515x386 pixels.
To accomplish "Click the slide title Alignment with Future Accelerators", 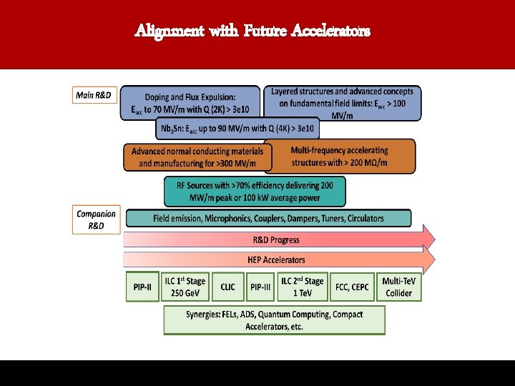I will tap(253, 31).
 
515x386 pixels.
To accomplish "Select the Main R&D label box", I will tap(94, 96).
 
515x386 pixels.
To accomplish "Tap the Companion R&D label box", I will tap(97, 219).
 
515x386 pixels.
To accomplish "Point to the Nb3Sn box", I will tap(237, 129).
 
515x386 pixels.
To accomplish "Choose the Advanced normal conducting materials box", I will tap(197, 157).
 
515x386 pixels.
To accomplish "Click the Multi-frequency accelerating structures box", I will tap(340, 157).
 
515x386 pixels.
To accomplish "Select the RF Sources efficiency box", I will tap(255, 192).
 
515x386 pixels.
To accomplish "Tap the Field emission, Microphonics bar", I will tap(268, 218).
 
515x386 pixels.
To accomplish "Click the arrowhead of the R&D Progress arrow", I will tap(428, 238).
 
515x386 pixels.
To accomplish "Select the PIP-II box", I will tap(142, 287).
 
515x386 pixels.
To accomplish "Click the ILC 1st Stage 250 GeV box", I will tap(185, 287).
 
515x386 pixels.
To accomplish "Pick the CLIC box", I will tap(227, 287).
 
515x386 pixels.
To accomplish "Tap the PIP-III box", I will tap(260, 287).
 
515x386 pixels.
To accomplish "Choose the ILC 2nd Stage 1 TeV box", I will tap(303, 287).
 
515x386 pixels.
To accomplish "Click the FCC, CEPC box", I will tap(352, 287).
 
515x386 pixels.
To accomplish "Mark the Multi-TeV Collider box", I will tap(398, 287).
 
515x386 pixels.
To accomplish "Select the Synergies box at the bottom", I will tap(274, 320).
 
